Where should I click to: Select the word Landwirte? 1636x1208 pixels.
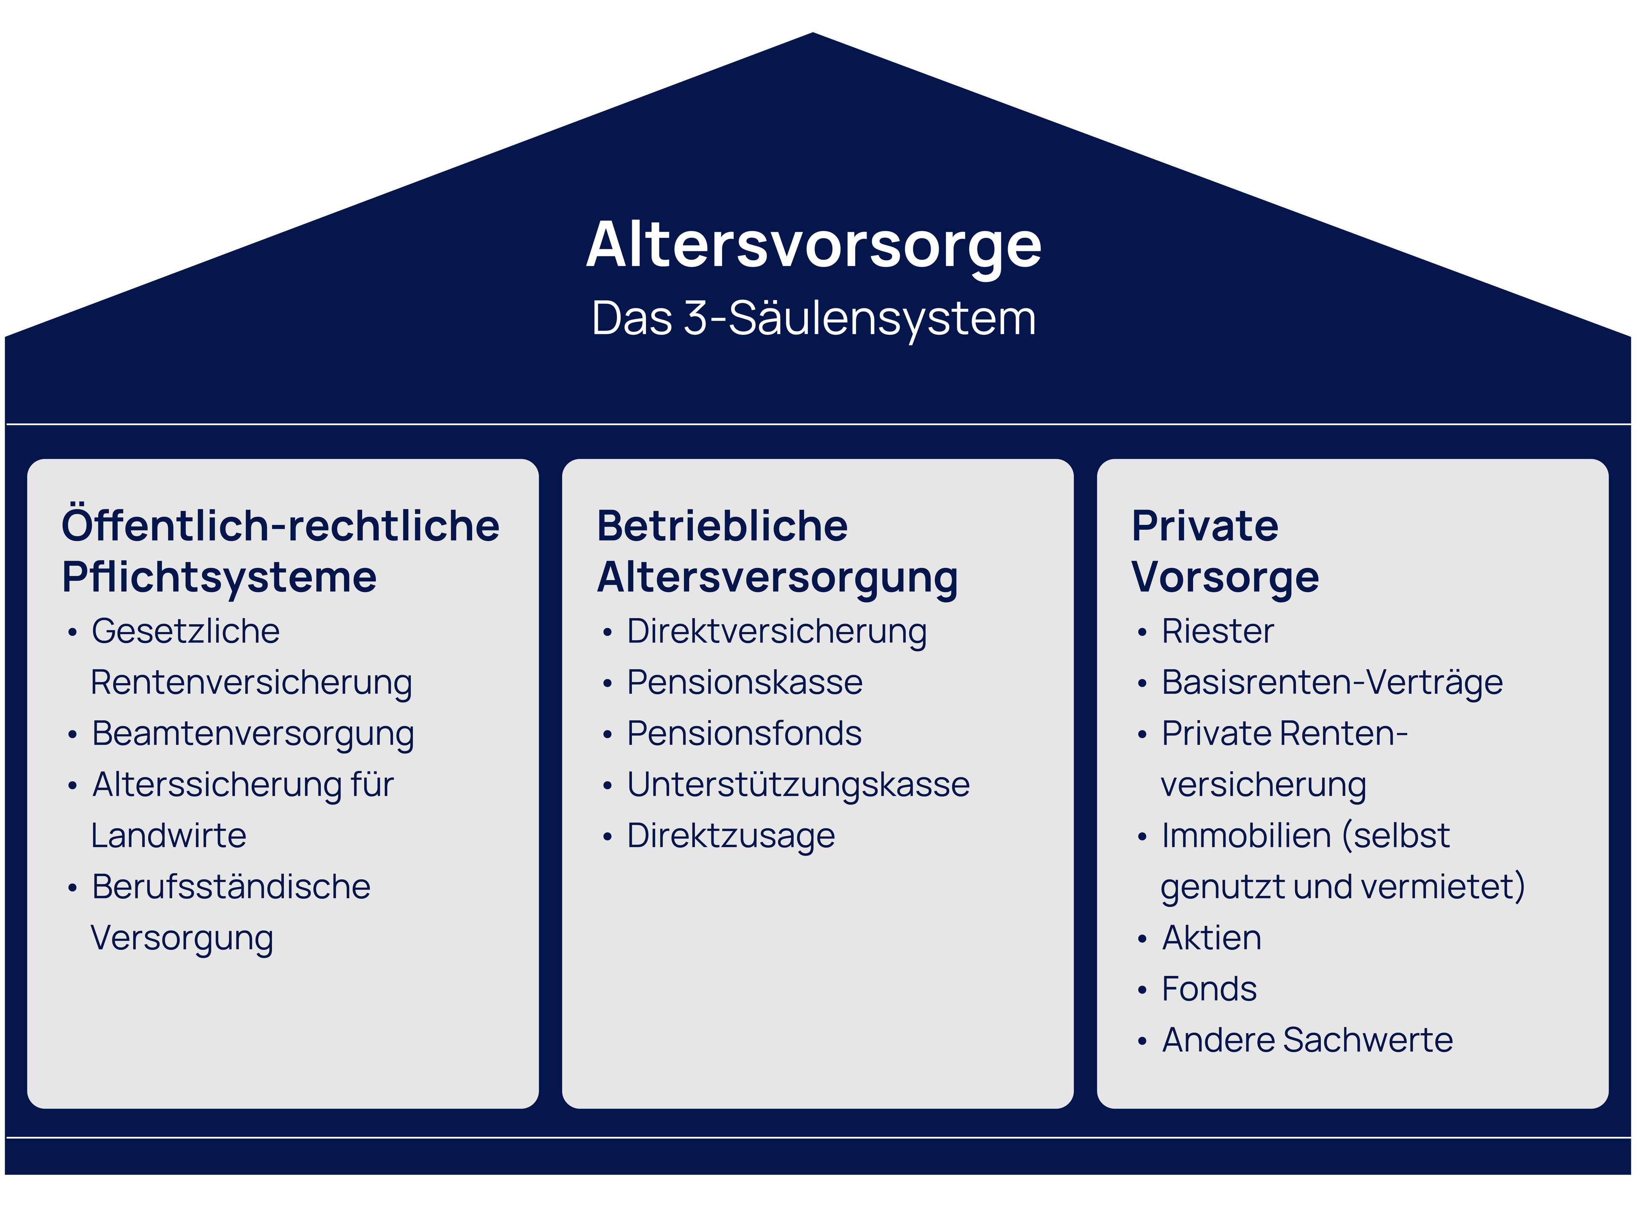[168, 836]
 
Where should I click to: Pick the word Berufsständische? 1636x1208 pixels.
[231, 887]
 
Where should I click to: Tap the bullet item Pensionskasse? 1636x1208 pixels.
[744, 682]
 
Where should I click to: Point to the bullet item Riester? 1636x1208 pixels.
[1218, 631]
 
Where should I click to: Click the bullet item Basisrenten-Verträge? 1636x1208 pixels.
[1332, 682]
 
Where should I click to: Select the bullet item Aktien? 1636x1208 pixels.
[1212, 938]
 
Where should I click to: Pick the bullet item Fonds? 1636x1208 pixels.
[1209, 989]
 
